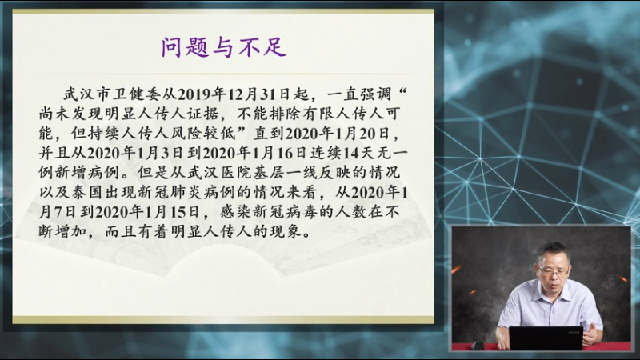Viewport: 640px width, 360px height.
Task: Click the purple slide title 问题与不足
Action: point(224,47)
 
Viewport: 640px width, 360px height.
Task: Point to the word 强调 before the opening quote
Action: point(376,94)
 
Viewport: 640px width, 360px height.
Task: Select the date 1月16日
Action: point(283,153)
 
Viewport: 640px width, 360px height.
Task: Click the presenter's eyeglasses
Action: point(554,270)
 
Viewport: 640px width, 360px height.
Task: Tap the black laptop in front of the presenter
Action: point(546,338)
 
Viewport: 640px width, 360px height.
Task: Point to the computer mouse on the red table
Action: point(477,346)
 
